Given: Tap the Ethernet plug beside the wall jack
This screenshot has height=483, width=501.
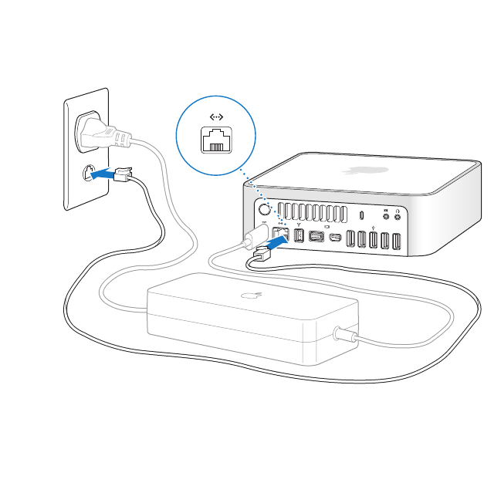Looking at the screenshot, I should pyautogui.click(x=123, y=174).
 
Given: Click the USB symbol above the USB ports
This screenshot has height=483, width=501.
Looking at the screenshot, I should pyautogui.click(x=374, y=227).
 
